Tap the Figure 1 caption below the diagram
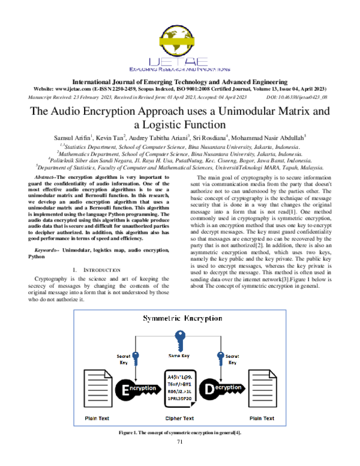(179, 432)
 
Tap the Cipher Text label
(179, 418)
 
